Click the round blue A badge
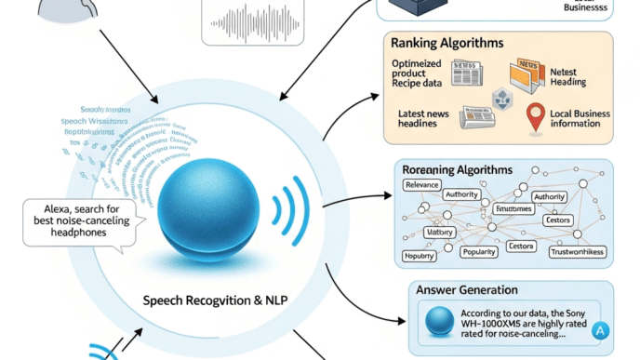599,328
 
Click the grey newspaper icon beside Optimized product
464,72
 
